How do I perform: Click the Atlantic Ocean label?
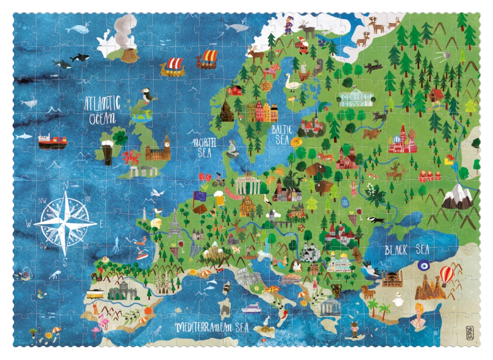(102, 110)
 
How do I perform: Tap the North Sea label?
(204, 147)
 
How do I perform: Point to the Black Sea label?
(407, 250)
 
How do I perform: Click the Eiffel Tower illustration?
(174, 225)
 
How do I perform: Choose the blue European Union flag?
(201, 196)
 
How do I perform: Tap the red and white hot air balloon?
(446, 275)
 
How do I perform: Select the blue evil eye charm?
(423, 265)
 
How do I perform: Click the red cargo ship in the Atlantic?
(53, 141)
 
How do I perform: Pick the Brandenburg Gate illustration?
(247, 184)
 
